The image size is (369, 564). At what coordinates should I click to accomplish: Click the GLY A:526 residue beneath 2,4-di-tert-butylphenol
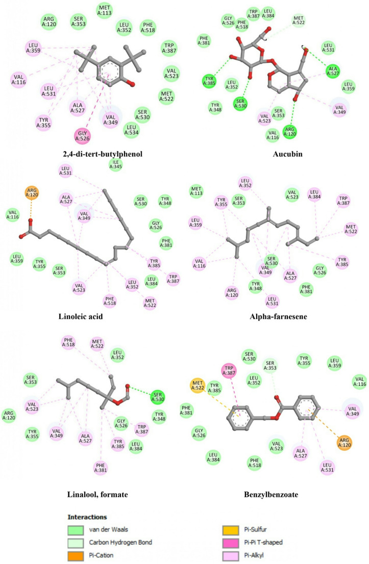click(x=82, y=136)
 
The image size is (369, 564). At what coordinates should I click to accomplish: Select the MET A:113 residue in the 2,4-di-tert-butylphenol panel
click(x=105, y=10)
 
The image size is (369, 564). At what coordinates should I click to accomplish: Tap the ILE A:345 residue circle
click(x=116, y=164)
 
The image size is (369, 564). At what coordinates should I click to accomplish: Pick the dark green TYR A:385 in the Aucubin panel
click(x=209, y=81)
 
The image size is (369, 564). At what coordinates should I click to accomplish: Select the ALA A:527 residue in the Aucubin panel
click(x=333, y=70)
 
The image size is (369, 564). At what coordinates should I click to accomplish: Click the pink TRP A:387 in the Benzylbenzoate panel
click(x=229, y=371)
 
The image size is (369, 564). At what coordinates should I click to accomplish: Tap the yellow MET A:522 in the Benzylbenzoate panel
click(x=198, y=385)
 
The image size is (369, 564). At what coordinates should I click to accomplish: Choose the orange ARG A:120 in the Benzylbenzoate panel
click(x=344, y=443)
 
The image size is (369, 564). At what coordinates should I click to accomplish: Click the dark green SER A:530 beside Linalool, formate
click(x=158, y=397)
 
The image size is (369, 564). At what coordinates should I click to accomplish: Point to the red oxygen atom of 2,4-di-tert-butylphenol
click(x=133, y=84)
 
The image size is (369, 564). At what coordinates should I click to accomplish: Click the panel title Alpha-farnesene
click(x=278, y=316)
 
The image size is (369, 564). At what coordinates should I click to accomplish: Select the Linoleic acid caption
click(x=81, y=316)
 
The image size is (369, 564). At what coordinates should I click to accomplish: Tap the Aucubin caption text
click(x=288, y=154)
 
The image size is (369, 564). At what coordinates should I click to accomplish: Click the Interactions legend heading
click(x=87, y=517)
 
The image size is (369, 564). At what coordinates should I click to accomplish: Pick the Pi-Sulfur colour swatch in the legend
click(x=231, y=530)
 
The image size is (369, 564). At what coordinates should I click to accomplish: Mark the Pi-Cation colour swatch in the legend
click(x=76, y=556)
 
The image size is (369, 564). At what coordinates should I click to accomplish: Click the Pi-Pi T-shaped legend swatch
click(x=231, y=543)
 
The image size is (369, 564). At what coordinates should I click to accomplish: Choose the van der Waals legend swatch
click(x=76, y=530)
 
